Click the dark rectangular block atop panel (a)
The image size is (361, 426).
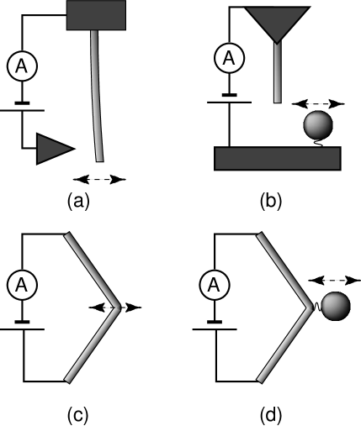pyautogui.click(x=96, y=14)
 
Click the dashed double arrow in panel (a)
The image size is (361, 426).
pyautogui.click(x=100, y=178)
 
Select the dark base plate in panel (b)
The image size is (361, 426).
pyautogui.click(x=278, y=159)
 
